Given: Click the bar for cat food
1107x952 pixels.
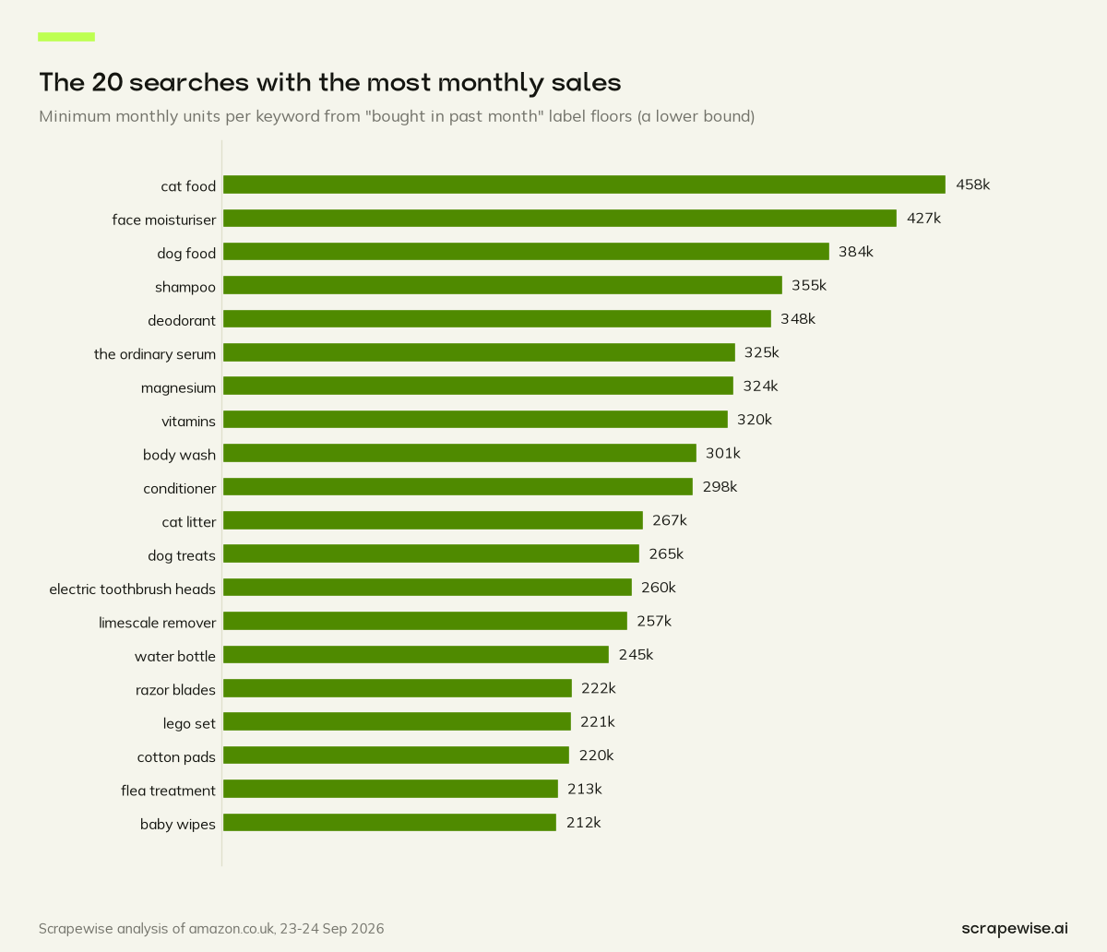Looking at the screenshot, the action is tap(584, 184).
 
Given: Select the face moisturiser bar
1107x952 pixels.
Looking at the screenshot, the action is tap(560, 219).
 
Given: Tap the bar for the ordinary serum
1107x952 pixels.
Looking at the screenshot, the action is tap(479, 352).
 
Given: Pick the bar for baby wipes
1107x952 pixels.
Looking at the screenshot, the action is tap(390, 823).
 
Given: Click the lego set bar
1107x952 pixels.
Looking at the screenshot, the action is tap(397, 721).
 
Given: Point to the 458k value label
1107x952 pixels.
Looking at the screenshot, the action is tap(972, 184).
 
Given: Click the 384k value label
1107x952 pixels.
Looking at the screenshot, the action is tap(856, 252).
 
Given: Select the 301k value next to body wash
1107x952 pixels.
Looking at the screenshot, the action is tap(723, 454).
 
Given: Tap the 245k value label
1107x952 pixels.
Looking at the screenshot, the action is tap(636, 655).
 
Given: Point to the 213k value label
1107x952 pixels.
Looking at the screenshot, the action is tap(585, 790).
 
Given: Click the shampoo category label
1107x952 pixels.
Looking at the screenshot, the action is tap(185, 288).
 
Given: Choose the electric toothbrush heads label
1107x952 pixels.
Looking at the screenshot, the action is tap(132, 589).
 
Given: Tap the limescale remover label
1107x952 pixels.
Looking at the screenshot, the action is tap(158, 623).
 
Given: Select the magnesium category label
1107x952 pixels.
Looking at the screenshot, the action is tap(178, 388).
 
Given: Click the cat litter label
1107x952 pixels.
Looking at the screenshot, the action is tap(189, 522).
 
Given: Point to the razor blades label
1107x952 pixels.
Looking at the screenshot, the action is tap(175, 690).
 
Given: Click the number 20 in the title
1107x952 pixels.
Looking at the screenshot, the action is tap(107, 82).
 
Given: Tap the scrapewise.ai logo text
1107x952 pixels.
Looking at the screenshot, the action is tap(1015, 928).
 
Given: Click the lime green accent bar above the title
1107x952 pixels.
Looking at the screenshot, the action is tap(66, 37).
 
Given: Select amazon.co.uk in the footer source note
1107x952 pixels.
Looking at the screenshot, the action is tap(232, 929).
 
